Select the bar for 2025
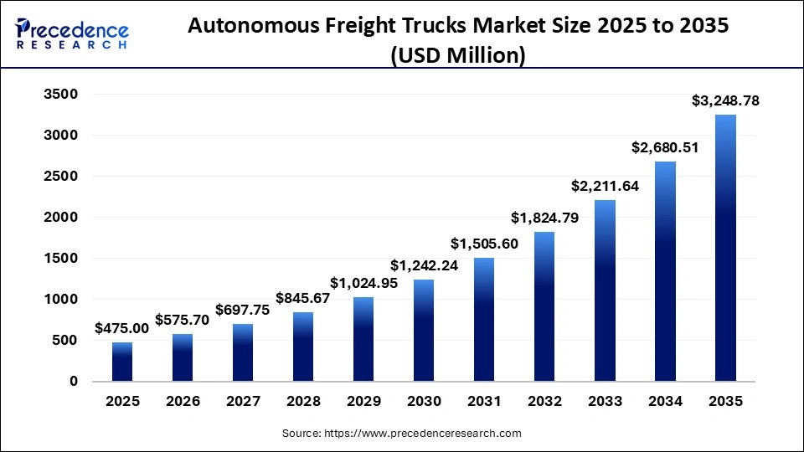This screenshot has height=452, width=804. (122, 362)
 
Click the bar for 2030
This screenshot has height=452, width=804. (424, 331)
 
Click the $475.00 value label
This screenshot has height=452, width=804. (122, 329)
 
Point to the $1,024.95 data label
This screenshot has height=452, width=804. (363, 283)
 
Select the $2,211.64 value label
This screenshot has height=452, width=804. (605, 186)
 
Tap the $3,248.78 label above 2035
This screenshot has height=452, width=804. (725, 101)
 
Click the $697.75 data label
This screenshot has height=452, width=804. (243, 310)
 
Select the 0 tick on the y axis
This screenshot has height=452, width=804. (73, 382)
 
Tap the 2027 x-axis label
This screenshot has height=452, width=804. (243, 402)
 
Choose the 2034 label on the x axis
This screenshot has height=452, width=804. (665, 402)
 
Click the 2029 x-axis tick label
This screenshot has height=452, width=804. (363, 402)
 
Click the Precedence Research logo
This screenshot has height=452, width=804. (72, 33)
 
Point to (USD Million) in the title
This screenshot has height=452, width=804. (458, 56)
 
